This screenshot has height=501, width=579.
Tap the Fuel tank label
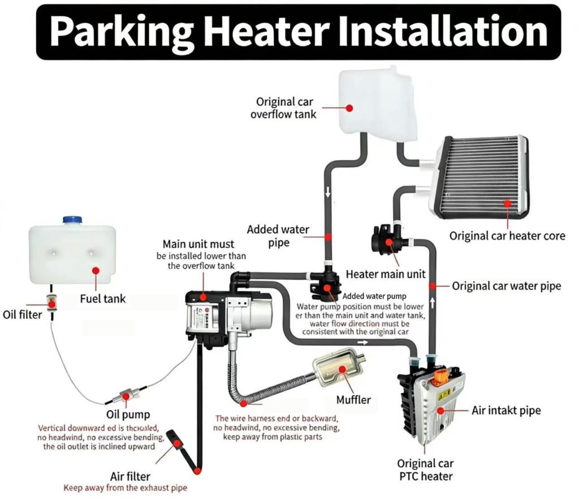(x=102, y=298)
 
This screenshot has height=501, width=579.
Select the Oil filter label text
(x=23, y=315)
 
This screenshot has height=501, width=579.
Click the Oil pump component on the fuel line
(x=128, y=392)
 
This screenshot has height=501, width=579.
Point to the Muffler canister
(x=338, y=369)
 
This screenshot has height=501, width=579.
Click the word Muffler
(x=353, y=400)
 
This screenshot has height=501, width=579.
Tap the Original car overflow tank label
(x=283, y=108)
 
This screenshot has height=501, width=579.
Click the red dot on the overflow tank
(x=349, y=107)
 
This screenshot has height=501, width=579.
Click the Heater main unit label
(x=386, y=274)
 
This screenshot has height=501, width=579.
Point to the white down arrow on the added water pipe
(x=327, y=194)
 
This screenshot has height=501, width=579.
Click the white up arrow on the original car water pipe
(x=432, y=303)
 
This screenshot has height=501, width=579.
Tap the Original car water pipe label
(x=506, y=286)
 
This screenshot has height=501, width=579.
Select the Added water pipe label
(x=278, y=236)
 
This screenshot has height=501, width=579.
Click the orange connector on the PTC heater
(x=440, y=375)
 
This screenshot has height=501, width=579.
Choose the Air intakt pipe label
(x=506, y=411)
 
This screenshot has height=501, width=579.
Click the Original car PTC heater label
(x=425, y=470)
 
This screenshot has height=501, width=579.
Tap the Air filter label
(x=131, y=476)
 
